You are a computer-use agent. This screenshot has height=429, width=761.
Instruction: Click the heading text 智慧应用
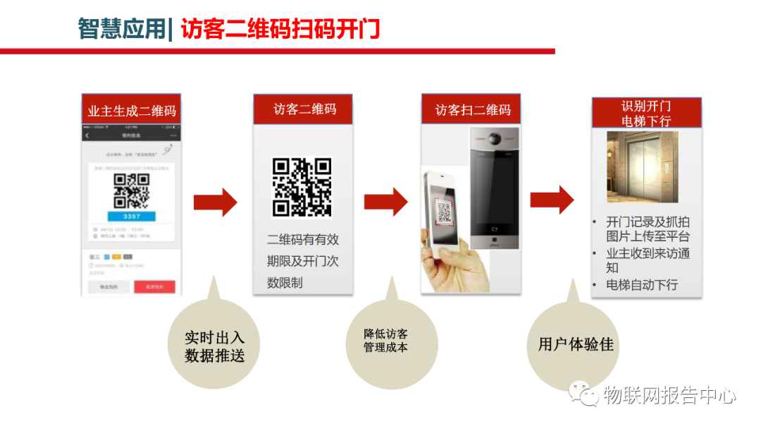point(121,29)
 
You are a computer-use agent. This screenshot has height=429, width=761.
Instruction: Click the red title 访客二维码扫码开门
point(280,29)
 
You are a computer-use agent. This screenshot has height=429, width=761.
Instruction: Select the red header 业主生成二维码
point(132,111)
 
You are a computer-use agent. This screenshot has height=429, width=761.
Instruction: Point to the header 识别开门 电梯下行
point(645,114)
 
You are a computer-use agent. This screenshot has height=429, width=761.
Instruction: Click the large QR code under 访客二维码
point(302,187)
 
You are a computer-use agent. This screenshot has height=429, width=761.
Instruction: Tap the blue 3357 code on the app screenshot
point(131,215)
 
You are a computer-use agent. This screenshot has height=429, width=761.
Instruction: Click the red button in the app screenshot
point(154,286)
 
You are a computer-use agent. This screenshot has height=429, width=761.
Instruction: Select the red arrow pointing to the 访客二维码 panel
point(216,203)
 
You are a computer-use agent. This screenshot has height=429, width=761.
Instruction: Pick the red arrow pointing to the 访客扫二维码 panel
point(385,203)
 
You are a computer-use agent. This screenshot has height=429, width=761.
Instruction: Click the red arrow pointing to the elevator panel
point(552,200)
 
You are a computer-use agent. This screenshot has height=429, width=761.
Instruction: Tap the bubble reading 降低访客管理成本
point(385,340)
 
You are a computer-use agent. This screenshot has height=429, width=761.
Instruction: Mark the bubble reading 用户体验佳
point(575,344)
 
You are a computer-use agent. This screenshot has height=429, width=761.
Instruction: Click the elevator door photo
point(642,167)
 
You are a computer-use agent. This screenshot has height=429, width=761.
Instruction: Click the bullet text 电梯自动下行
point(642,285)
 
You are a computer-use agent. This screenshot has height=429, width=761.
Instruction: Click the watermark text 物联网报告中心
point(669,395)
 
